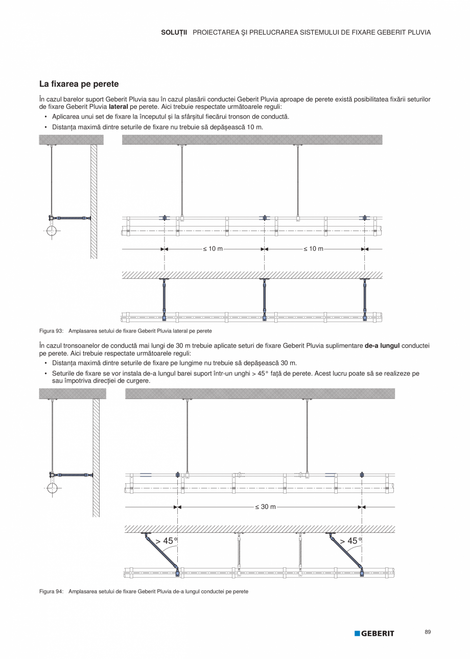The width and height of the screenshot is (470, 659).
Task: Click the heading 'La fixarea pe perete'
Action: pos(79,84)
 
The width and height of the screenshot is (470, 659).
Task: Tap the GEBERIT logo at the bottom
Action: pos(374,633)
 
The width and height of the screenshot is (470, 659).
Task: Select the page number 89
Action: pos(428,632)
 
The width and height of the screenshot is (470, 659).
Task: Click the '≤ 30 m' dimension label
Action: pos(266,507)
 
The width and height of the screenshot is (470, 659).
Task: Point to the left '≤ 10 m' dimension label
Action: pos(213,249)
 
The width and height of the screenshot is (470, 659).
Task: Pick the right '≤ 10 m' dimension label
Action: pos(313,249)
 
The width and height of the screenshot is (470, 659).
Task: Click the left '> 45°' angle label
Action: pos(167,541)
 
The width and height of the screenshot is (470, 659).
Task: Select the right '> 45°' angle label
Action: pos(350,541)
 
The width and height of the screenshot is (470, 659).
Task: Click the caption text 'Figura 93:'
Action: pos(51,331)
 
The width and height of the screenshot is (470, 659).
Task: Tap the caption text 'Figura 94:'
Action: pos(51,591)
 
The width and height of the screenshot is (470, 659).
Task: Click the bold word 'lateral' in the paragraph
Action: pos(119,107)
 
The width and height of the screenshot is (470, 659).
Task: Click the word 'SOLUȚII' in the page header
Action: pos(174,32)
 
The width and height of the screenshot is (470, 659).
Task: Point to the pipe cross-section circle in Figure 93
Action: pos(52,230)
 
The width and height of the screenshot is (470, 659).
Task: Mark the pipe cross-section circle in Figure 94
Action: pos(52,488)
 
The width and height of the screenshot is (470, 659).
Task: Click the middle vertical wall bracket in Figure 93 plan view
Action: pos(264,299)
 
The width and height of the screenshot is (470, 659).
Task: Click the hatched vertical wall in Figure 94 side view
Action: pos(96,457)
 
